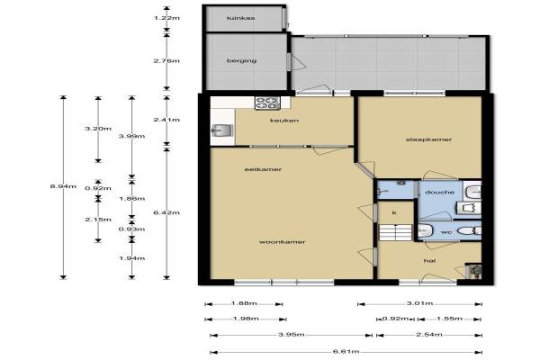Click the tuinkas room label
(x=240, y=18)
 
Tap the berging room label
(x=241, y=60)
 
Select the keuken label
(x=284, y=121)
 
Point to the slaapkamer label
(x=428, y=139)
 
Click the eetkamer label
(x=263, y=169)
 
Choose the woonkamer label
(x=282, y=242)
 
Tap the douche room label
(x=440, y=193)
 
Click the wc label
(x=446, y=232)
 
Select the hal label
(x=429, y=261)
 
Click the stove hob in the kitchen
(x=267, y=103)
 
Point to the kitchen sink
(x=222, y=130)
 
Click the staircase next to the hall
(x=396, y=232)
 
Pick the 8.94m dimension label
(x=63, y=186)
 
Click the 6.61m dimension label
(x=346, y=352)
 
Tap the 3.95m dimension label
(x=292, y=335)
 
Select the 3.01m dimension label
(x=419, y=303)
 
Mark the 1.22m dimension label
(x=167, y=18)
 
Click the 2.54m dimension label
(x=429, y=335)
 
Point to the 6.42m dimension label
(x=166, y=212)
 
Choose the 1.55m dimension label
(x=449, y=319)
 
